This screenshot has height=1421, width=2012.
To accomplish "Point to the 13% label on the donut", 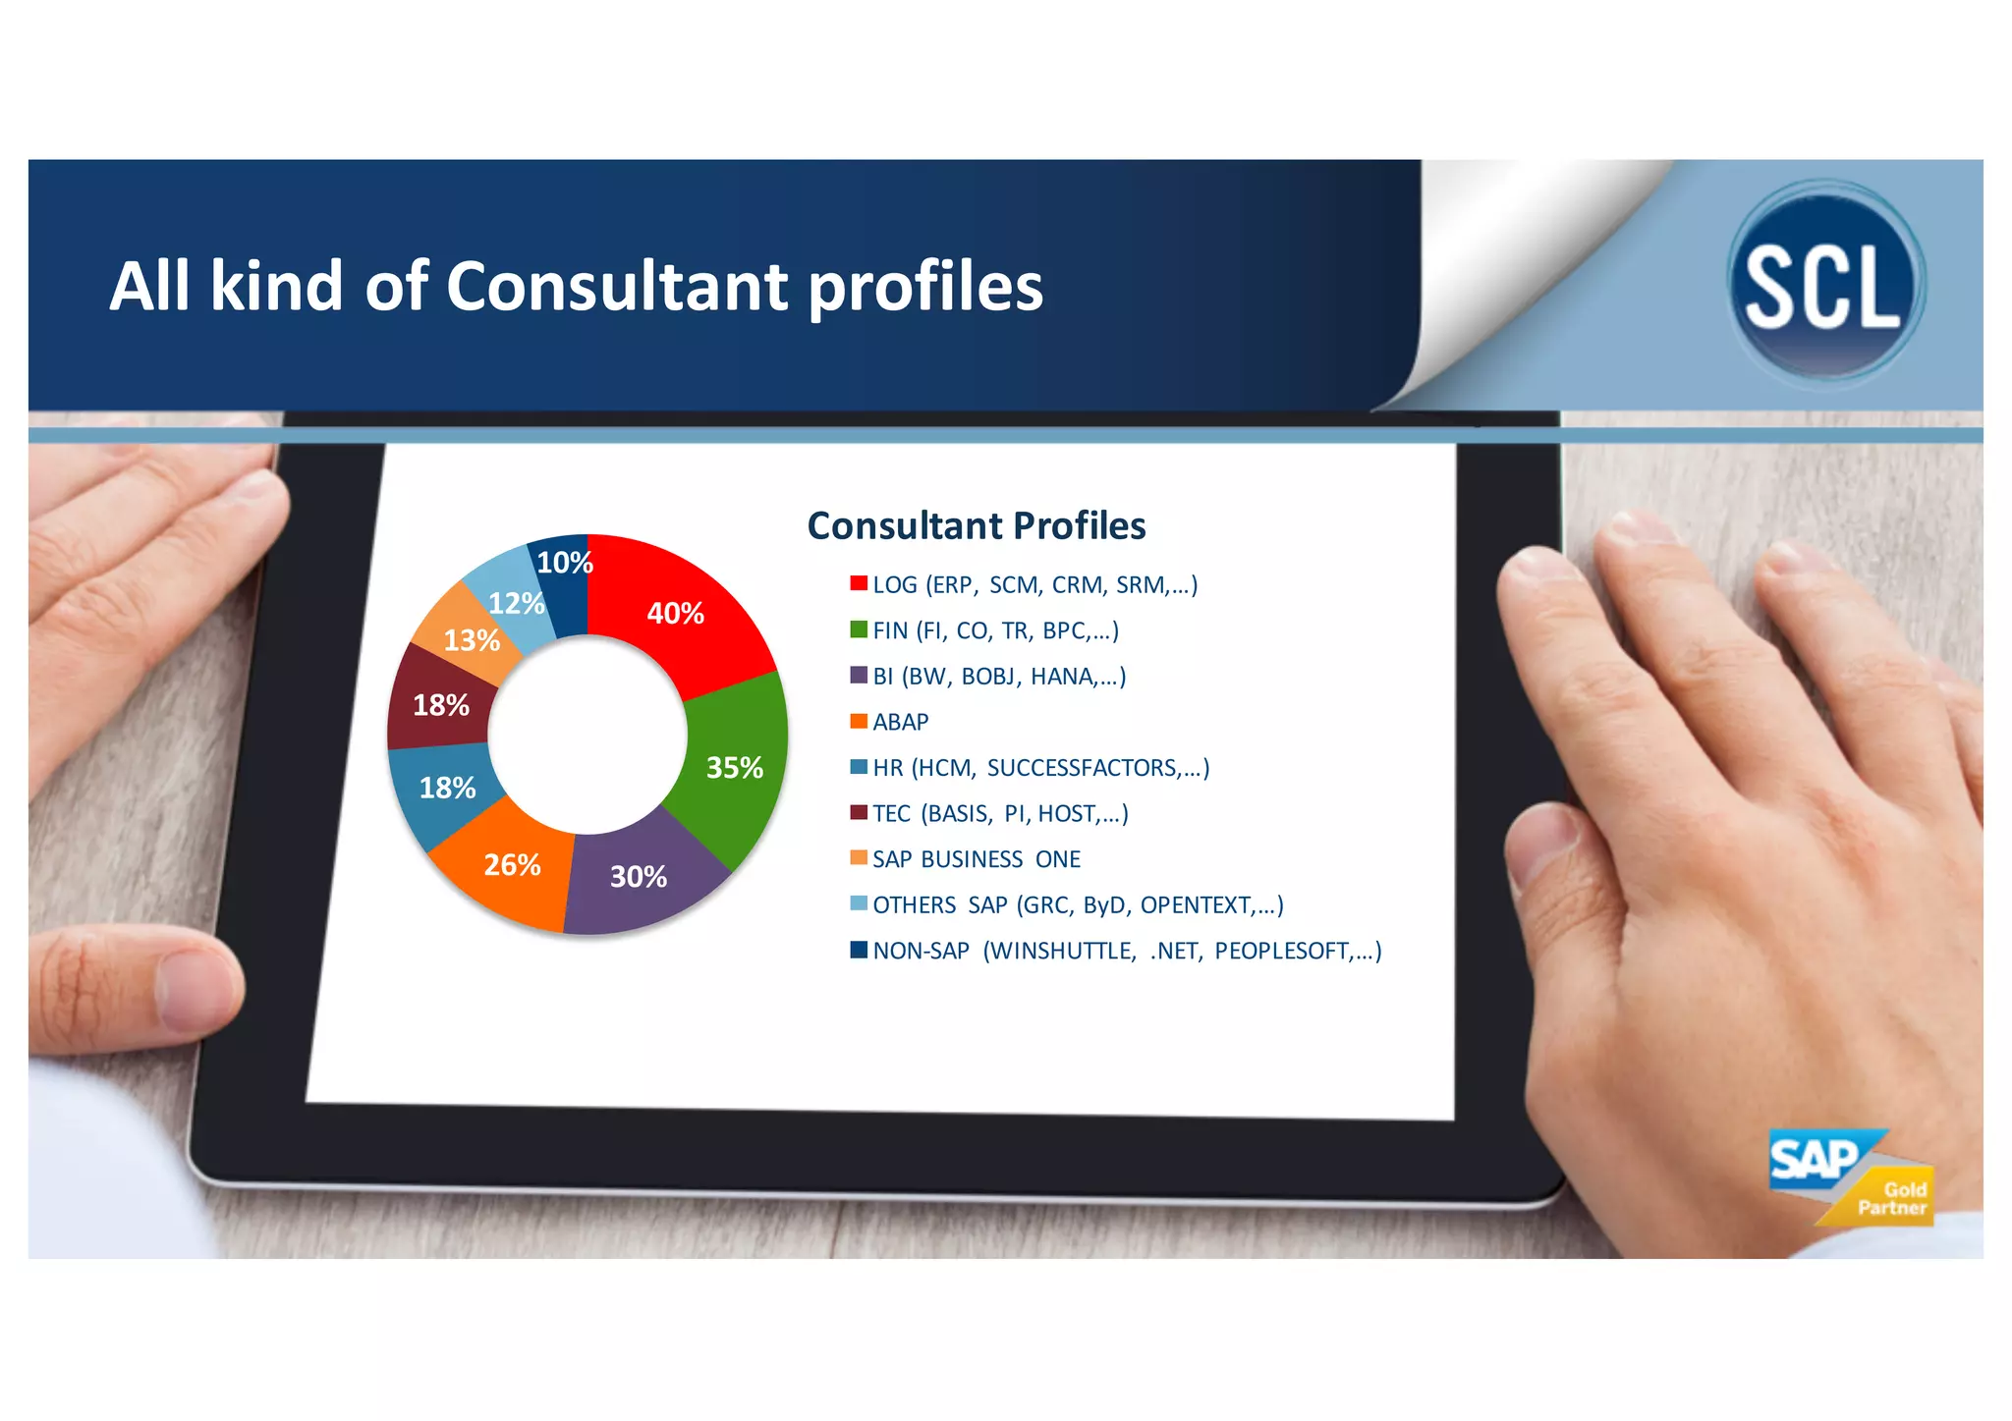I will coord(472,640).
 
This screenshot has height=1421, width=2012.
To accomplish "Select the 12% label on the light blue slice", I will coord(516,603).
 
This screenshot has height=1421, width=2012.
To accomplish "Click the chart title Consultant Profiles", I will coord(976,525).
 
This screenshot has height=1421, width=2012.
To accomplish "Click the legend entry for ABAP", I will coord(899,722).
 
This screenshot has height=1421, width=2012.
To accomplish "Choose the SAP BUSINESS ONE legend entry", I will coord(976,859).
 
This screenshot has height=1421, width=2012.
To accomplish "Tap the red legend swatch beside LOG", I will coord(859,583).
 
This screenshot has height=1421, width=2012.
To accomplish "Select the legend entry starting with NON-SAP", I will coord(1126,951).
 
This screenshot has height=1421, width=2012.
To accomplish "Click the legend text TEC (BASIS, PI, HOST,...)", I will coord(1000,813).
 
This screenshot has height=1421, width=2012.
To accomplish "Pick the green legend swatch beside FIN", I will coord(859,629).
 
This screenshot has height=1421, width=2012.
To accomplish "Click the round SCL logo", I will coord(1825,283).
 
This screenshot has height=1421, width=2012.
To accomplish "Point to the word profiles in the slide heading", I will coord(925,287).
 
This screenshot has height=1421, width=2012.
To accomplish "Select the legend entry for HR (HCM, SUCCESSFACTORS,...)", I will coord(1040,768).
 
